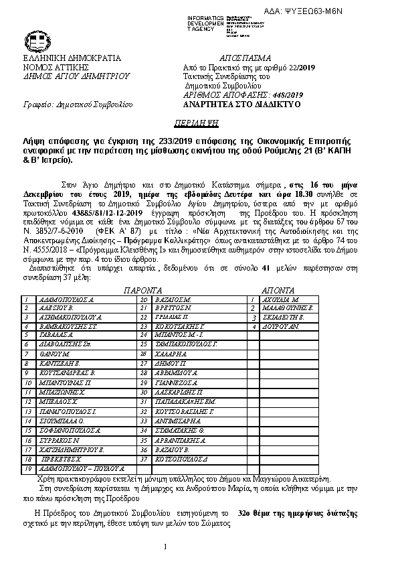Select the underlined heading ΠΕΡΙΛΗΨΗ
(198, 125)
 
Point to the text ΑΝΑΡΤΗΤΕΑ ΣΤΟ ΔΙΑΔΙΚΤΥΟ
(241, 105)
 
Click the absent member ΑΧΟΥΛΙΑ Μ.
(280, 300)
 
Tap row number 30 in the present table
(143, 391)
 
